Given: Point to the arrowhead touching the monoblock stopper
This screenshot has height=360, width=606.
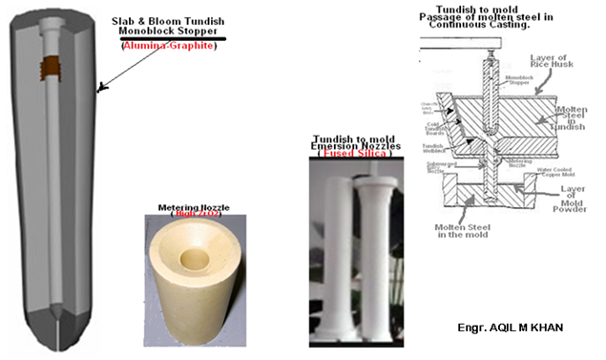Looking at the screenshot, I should coord(100,92).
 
